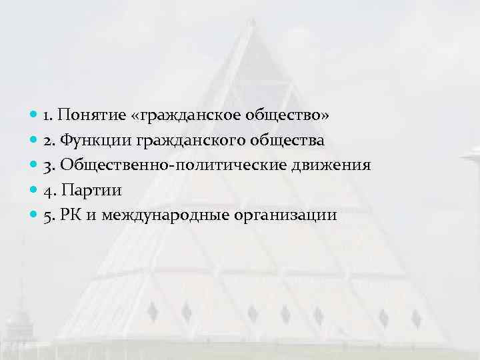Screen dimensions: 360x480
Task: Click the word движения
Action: click(x=330, y=165)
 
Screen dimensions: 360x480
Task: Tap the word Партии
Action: click(x=91, y=190)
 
